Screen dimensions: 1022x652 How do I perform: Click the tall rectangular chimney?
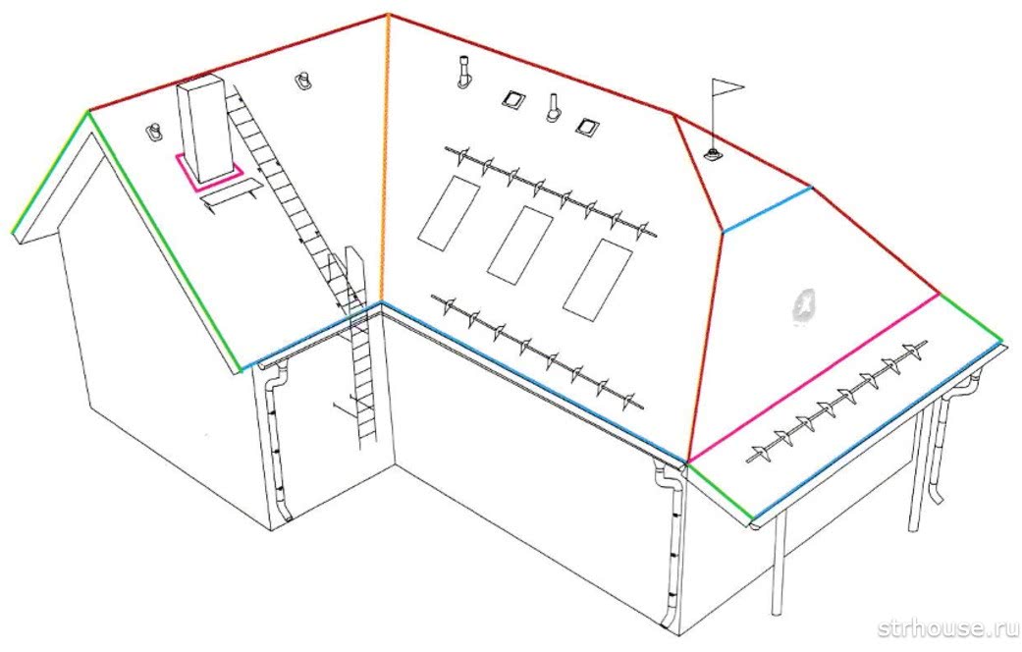(205, 129)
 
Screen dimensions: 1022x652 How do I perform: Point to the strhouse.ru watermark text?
(947, 627)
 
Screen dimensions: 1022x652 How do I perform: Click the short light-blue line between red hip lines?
(768, 209)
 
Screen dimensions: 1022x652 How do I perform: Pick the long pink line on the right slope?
(814, 377)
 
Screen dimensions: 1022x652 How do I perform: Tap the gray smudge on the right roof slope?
(804, 305)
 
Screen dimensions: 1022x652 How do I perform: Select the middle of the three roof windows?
(519, 244)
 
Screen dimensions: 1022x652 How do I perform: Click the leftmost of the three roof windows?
(449, 213)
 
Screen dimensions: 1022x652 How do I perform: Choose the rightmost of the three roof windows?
(598, 279)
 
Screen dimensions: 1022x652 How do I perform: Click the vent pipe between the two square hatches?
(553, 108)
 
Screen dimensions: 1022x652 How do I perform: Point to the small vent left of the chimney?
(156, 133)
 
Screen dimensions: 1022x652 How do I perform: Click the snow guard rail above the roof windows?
(551, 191)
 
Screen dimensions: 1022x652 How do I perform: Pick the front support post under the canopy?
(778, 562)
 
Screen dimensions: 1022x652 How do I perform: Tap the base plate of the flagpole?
(713, 155)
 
